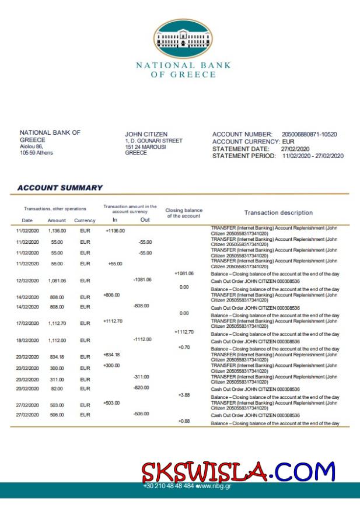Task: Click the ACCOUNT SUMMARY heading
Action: [60, 188]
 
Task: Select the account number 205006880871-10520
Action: [309, 134]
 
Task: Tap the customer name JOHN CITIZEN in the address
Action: [146, 134]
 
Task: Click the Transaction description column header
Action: [278, 213]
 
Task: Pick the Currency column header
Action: [85, 220]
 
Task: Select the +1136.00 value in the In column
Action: [115, 230]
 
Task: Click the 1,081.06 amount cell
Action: [57, 281]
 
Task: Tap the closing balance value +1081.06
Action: [184, 273]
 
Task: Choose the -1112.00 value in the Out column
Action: [142, 339]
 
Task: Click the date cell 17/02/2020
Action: [27, 323]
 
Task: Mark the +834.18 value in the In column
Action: [111, 355]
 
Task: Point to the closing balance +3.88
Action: [184, 395]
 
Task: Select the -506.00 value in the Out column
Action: [142, 414]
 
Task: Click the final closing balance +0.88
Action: [184, 421]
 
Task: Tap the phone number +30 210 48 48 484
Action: [168, 485]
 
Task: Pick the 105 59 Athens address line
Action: [36, 153]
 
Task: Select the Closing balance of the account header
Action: [184, 213]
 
